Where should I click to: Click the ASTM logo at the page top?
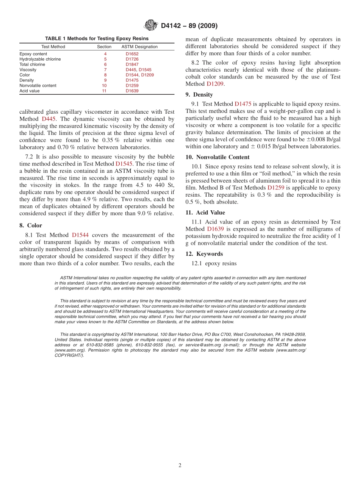(x=150, y=26)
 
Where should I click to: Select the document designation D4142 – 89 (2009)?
(x=189, y=26)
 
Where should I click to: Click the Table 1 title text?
(x=97, y=39)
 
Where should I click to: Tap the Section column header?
(x=104, y=47)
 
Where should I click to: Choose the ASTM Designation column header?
(x=139, y=47)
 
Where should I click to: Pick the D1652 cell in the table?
(x=132, y=54)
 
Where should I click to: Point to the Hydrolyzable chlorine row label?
(x=40, y=59)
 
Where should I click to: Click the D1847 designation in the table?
(x=132, y=64)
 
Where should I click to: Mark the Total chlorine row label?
(x=32, y=64)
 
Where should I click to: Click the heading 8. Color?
(x=31, y=225)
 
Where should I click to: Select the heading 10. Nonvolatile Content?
(x=218, y=157)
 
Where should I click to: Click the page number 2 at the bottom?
(x=180, y=465)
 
